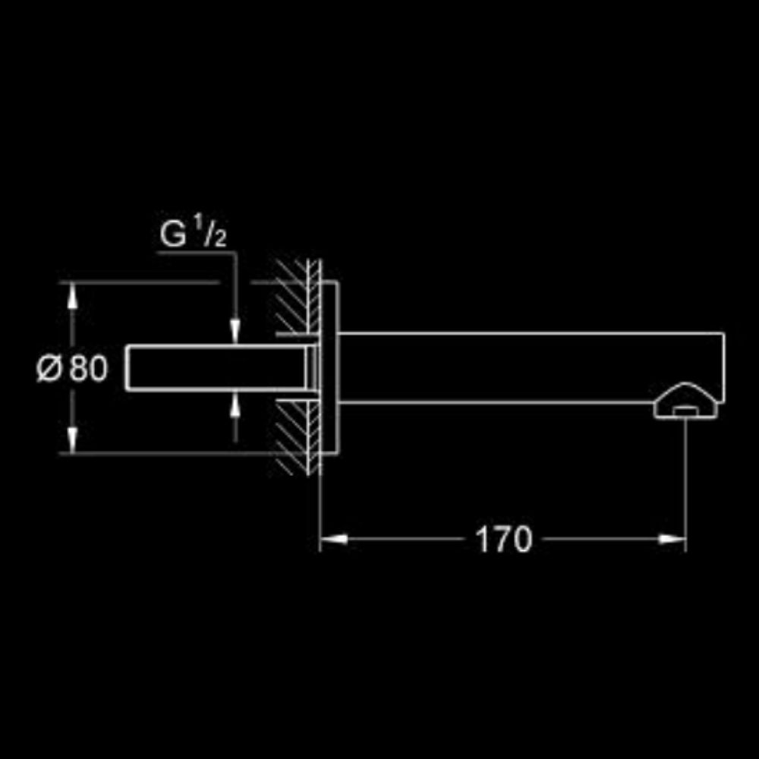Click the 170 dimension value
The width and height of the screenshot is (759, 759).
click(503, 540)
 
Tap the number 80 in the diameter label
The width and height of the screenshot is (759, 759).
click(88, 369)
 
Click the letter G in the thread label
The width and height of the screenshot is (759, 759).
click(172, 236)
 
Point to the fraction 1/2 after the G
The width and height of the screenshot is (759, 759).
click(214, 233)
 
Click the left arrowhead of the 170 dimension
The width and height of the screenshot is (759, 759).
click(332, 540)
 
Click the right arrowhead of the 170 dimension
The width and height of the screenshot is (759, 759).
click(672, 540)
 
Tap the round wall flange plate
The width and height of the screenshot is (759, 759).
click(329, 367)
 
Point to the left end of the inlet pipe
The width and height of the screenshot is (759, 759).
click(128, 368)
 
